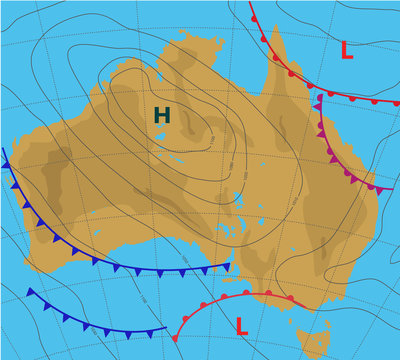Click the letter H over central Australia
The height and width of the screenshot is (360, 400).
(162, 116)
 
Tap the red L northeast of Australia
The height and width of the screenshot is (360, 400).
(346, 50)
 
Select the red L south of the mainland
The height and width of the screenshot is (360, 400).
(242, 324)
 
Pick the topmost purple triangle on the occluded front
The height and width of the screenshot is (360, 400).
(319, 103)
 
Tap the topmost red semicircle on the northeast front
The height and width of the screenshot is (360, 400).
(251, 17)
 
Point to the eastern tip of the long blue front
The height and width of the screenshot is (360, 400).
(229, 266)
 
